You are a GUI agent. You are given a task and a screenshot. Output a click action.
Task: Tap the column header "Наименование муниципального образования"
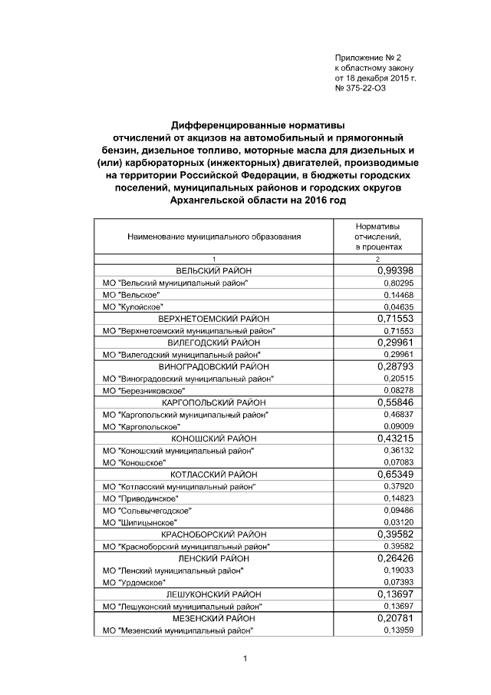click(214, 239)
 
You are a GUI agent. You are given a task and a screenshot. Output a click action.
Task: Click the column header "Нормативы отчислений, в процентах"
click(377, 238)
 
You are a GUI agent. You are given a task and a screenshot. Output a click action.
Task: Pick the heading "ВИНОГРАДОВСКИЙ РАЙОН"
click(214, 366)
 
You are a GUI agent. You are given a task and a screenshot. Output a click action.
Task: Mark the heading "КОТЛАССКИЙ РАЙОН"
click(214, 474)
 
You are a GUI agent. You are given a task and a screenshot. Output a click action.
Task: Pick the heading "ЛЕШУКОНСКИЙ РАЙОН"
click(214, 594)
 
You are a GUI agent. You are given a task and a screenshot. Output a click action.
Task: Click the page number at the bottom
click(243, 658)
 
